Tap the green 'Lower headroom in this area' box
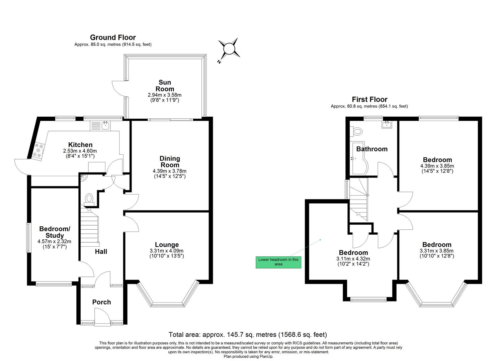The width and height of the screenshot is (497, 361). coord(278,262)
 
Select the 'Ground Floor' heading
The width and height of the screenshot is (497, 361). coord(113,37)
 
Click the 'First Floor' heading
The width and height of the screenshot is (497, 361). coord(369,99)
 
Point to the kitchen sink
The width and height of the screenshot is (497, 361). coord(105,126)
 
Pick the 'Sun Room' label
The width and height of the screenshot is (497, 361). coord(165,86)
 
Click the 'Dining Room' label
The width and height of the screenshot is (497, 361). coord(170,161)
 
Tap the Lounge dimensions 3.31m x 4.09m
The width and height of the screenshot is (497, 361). coord(167,251)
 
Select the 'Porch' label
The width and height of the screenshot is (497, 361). coord(101,302)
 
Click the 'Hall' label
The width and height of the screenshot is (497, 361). coord(101,251)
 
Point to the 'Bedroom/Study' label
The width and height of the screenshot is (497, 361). coord(55,232)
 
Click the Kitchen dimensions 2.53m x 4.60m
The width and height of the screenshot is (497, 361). coord(80,151)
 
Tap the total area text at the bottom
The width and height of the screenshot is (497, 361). coord(248,335)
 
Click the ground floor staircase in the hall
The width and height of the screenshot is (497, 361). coord(89,227)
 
